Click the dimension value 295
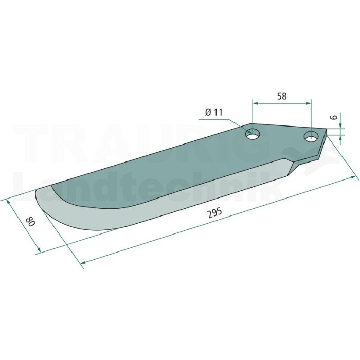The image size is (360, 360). (214, 213)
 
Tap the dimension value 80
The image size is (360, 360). (31, 221)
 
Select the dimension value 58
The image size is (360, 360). (282, 96)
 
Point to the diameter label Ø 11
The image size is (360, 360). (214, 112)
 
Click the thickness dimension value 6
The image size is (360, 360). (334, 117)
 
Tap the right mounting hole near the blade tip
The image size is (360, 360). (311, 137)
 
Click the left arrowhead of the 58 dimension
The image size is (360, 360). (256, 104)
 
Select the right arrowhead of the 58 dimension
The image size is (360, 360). (308, 104)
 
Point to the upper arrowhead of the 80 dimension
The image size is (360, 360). (9, 202)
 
